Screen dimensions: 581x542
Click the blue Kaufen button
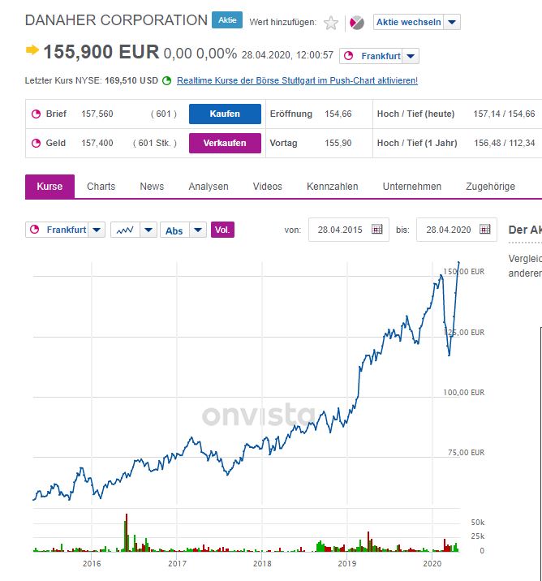tap(225, 114)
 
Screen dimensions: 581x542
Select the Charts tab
tap(101, 187)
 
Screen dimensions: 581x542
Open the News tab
tap(152, 187)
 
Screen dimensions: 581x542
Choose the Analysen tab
tap(209, 187)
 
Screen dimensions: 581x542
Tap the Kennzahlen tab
tap(332, 187)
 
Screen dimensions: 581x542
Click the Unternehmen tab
tap(412, 187)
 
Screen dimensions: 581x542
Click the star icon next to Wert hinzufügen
tap(331, 23)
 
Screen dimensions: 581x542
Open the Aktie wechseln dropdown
tap(416, 22)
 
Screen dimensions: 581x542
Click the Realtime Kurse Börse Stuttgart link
tap(297, 80)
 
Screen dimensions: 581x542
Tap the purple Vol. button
tap(222, 230)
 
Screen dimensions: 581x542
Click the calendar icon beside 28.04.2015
tap(376, 230)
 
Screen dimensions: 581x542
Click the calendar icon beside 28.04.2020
tap(484, 230)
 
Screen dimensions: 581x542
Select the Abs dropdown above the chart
tap(183, 230)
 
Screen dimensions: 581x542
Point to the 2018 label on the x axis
tap(262, 563)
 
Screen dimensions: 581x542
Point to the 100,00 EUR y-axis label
tap(463, 393)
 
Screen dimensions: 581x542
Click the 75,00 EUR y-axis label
tap(463, 453)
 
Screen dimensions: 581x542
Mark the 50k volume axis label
tap(477, 522)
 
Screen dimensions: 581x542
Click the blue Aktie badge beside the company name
tap(227, 20)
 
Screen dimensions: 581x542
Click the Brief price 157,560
tap(97, 114)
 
